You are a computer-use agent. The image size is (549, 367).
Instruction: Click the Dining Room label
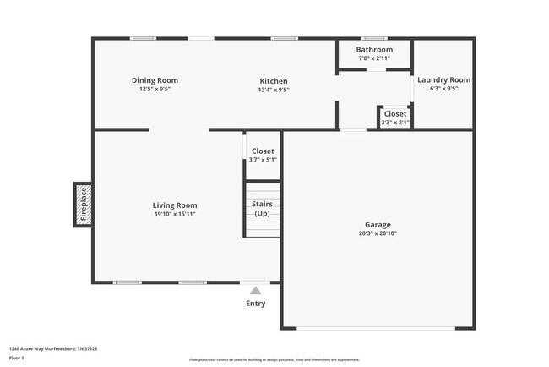click(x=155, y=80)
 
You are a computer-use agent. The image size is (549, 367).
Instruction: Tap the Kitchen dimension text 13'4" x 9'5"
click(x=273, y=90)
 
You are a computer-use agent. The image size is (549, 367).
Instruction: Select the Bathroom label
click(x=374, y=50)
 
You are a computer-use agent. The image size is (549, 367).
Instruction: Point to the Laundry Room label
click(x=443, y=79)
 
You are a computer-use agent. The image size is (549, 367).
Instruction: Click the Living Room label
click(x=175, y=205)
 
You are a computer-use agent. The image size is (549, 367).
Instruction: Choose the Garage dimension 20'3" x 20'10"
click(x=378, y=233)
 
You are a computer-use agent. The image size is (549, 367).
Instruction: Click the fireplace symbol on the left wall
click(x=83, y=205)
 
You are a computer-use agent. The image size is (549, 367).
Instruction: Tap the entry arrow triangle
click(x=255, y=290)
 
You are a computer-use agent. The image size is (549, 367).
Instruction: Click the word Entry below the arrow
click(x=255, y=304)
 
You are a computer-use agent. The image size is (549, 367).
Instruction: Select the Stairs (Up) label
click(x=262, y=209)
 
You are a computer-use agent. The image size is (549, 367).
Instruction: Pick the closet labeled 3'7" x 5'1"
click(x=263, y=155)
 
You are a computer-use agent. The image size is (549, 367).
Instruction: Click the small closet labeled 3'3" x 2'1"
click(x=394, y=118)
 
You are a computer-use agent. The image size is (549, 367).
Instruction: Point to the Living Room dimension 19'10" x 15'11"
click(x=175, y=215)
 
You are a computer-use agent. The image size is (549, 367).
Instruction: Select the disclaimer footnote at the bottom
click(x=274, y=360)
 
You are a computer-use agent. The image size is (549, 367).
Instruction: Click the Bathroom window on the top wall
click(x=374, y=38)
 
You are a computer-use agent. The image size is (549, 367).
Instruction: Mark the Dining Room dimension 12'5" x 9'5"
click(x=155, y=90)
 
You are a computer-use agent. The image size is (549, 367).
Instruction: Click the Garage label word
click(x=378, y=225)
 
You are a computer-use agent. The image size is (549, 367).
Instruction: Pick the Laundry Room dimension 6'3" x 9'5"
click(x=443, y=89)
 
